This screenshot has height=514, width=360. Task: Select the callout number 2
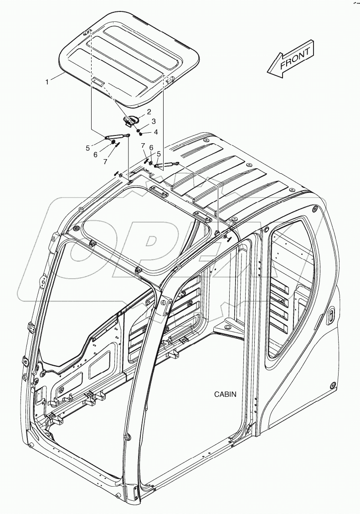(x=149, y=112)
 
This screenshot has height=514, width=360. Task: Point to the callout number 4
(x=155, y=132)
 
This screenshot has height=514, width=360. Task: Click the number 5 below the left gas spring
(x=87, y=148)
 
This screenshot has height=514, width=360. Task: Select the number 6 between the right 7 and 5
(x=151, y=149)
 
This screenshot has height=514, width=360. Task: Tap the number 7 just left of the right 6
(x=143, y=145)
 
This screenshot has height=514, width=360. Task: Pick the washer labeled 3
(x=138, y=128)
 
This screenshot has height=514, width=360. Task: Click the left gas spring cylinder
(x=117, y=136)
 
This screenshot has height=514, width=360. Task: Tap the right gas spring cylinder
(x=166, y=165)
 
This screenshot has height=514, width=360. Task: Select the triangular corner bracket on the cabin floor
(x=227, y=327)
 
